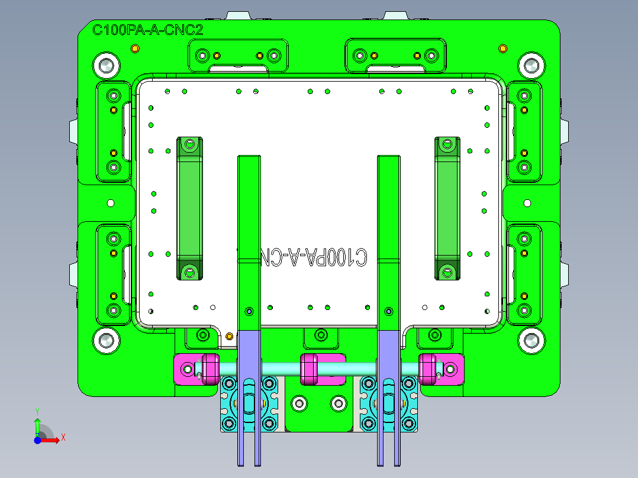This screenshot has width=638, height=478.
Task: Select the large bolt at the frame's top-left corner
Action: pos(107,65)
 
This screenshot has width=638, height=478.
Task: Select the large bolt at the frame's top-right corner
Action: pos(530,65)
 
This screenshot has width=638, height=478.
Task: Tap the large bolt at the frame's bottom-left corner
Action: pos(107,340)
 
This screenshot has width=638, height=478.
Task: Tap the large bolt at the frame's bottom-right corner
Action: pos(530,340)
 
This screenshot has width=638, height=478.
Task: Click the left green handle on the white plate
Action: pos(189,208)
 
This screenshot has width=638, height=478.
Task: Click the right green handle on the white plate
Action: pos(447,208)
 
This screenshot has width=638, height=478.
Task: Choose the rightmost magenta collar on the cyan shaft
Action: pos(428,369)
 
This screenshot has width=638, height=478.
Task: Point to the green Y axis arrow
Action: pos(37,423)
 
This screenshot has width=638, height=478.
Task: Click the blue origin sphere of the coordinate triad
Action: pos(37,440)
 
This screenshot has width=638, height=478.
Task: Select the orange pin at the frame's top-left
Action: pos(134,48)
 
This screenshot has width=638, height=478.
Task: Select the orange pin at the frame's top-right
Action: pos(503,48)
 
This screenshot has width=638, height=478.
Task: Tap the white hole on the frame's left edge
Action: pos(110,203)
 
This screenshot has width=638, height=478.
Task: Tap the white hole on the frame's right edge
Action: pos(527,203)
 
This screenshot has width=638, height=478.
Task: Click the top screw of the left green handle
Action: pos(189,144)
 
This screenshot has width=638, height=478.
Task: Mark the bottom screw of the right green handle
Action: pos(447,272)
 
